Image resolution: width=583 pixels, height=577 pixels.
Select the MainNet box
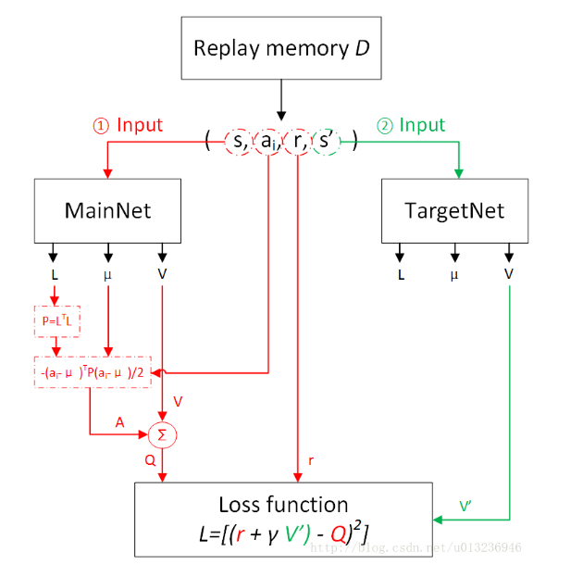(107, 210)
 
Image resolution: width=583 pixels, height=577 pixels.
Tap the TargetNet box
(454, 210)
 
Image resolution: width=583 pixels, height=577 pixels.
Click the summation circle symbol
(162, 433)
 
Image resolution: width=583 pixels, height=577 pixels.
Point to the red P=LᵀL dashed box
(56, 320)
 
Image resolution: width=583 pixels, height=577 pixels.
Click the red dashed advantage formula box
(93, 371)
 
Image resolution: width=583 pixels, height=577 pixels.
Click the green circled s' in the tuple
(327, 142)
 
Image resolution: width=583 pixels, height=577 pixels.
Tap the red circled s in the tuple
(238, 142)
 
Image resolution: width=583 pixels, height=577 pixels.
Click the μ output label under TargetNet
(453, 275)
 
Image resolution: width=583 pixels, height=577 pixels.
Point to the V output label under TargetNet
(508, 275)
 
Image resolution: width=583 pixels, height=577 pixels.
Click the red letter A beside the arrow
(119, 421)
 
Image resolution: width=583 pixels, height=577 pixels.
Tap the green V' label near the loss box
(469, 506)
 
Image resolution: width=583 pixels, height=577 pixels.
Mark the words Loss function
(283, 505)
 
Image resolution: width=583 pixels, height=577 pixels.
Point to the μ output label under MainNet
(107, 275)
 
